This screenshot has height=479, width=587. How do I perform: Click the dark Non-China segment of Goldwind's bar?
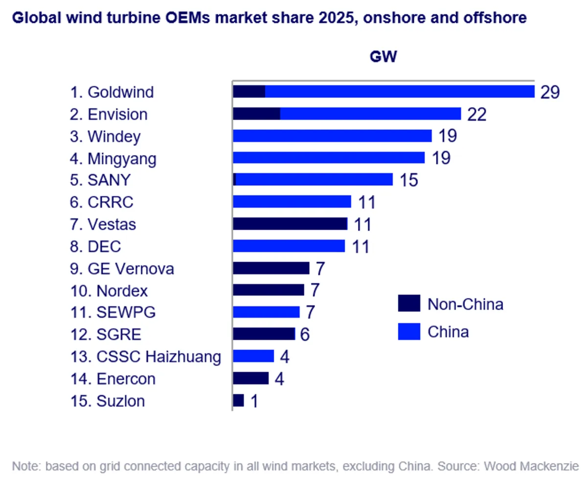tap(249, 92)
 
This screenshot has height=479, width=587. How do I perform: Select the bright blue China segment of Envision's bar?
tap(370, 114)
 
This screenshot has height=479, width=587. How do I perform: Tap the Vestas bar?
tap(290, 224)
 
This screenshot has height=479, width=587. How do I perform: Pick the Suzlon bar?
tap(238, 401)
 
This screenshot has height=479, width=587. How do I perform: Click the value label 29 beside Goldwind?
tap(549, 92)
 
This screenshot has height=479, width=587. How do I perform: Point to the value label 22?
tap(476, 115)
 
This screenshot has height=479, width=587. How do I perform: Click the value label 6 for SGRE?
tap(304, 335)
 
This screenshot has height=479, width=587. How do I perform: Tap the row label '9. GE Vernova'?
tap(122, 269)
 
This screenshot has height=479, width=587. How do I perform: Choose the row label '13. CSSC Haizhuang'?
tap(145, 357)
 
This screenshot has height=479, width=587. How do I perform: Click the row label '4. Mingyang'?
tap(113, 159)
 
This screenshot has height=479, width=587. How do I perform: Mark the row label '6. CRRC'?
tap(101, 202)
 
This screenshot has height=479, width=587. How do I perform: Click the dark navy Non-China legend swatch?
tap(409, 304)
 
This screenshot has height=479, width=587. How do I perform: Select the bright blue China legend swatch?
tap(409, 332)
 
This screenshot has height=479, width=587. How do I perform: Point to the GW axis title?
tap(383, 57)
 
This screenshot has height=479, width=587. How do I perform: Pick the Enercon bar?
tap(250, 379)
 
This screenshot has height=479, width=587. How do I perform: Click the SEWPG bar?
tap(266, 312)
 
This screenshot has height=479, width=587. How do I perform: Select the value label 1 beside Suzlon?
tap(253, 402)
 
